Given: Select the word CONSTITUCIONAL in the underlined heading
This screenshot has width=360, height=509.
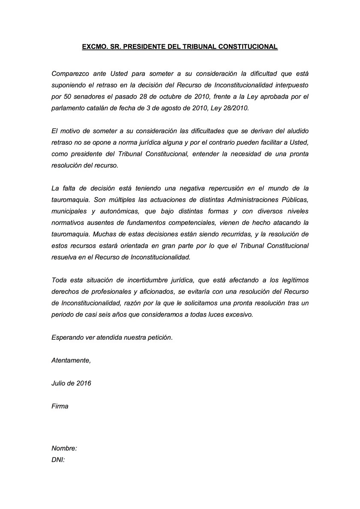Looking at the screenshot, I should point(246,46).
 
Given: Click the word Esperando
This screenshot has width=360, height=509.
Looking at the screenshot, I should point(67,338).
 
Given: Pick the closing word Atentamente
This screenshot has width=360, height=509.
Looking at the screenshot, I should point(71,360).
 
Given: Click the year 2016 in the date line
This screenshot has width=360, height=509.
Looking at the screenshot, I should point(83,383).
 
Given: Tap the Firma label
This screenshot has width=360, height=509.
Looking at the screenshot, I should point(60,406).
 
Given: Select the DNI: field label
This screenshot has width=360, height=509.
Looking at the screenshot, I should point(58,460).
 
